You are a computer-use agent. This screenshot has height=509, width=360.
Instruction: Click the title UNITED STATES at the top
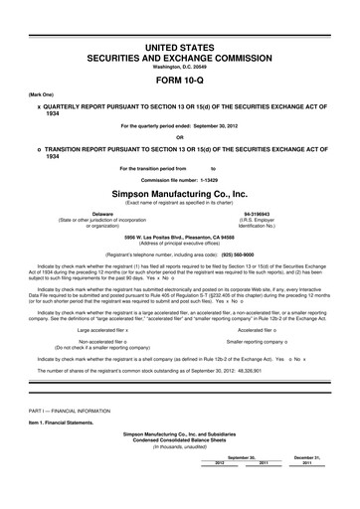click(179, 48)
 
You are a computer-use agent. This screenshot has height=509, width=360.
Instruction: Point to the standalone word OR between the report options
click(179, 137)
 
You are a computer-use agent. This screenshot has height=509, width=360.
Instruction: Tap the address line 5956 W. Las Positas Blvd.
click(179, 238)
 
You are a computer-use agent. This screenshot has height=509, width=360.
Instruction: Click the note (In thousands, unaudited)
click(179, 475)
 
